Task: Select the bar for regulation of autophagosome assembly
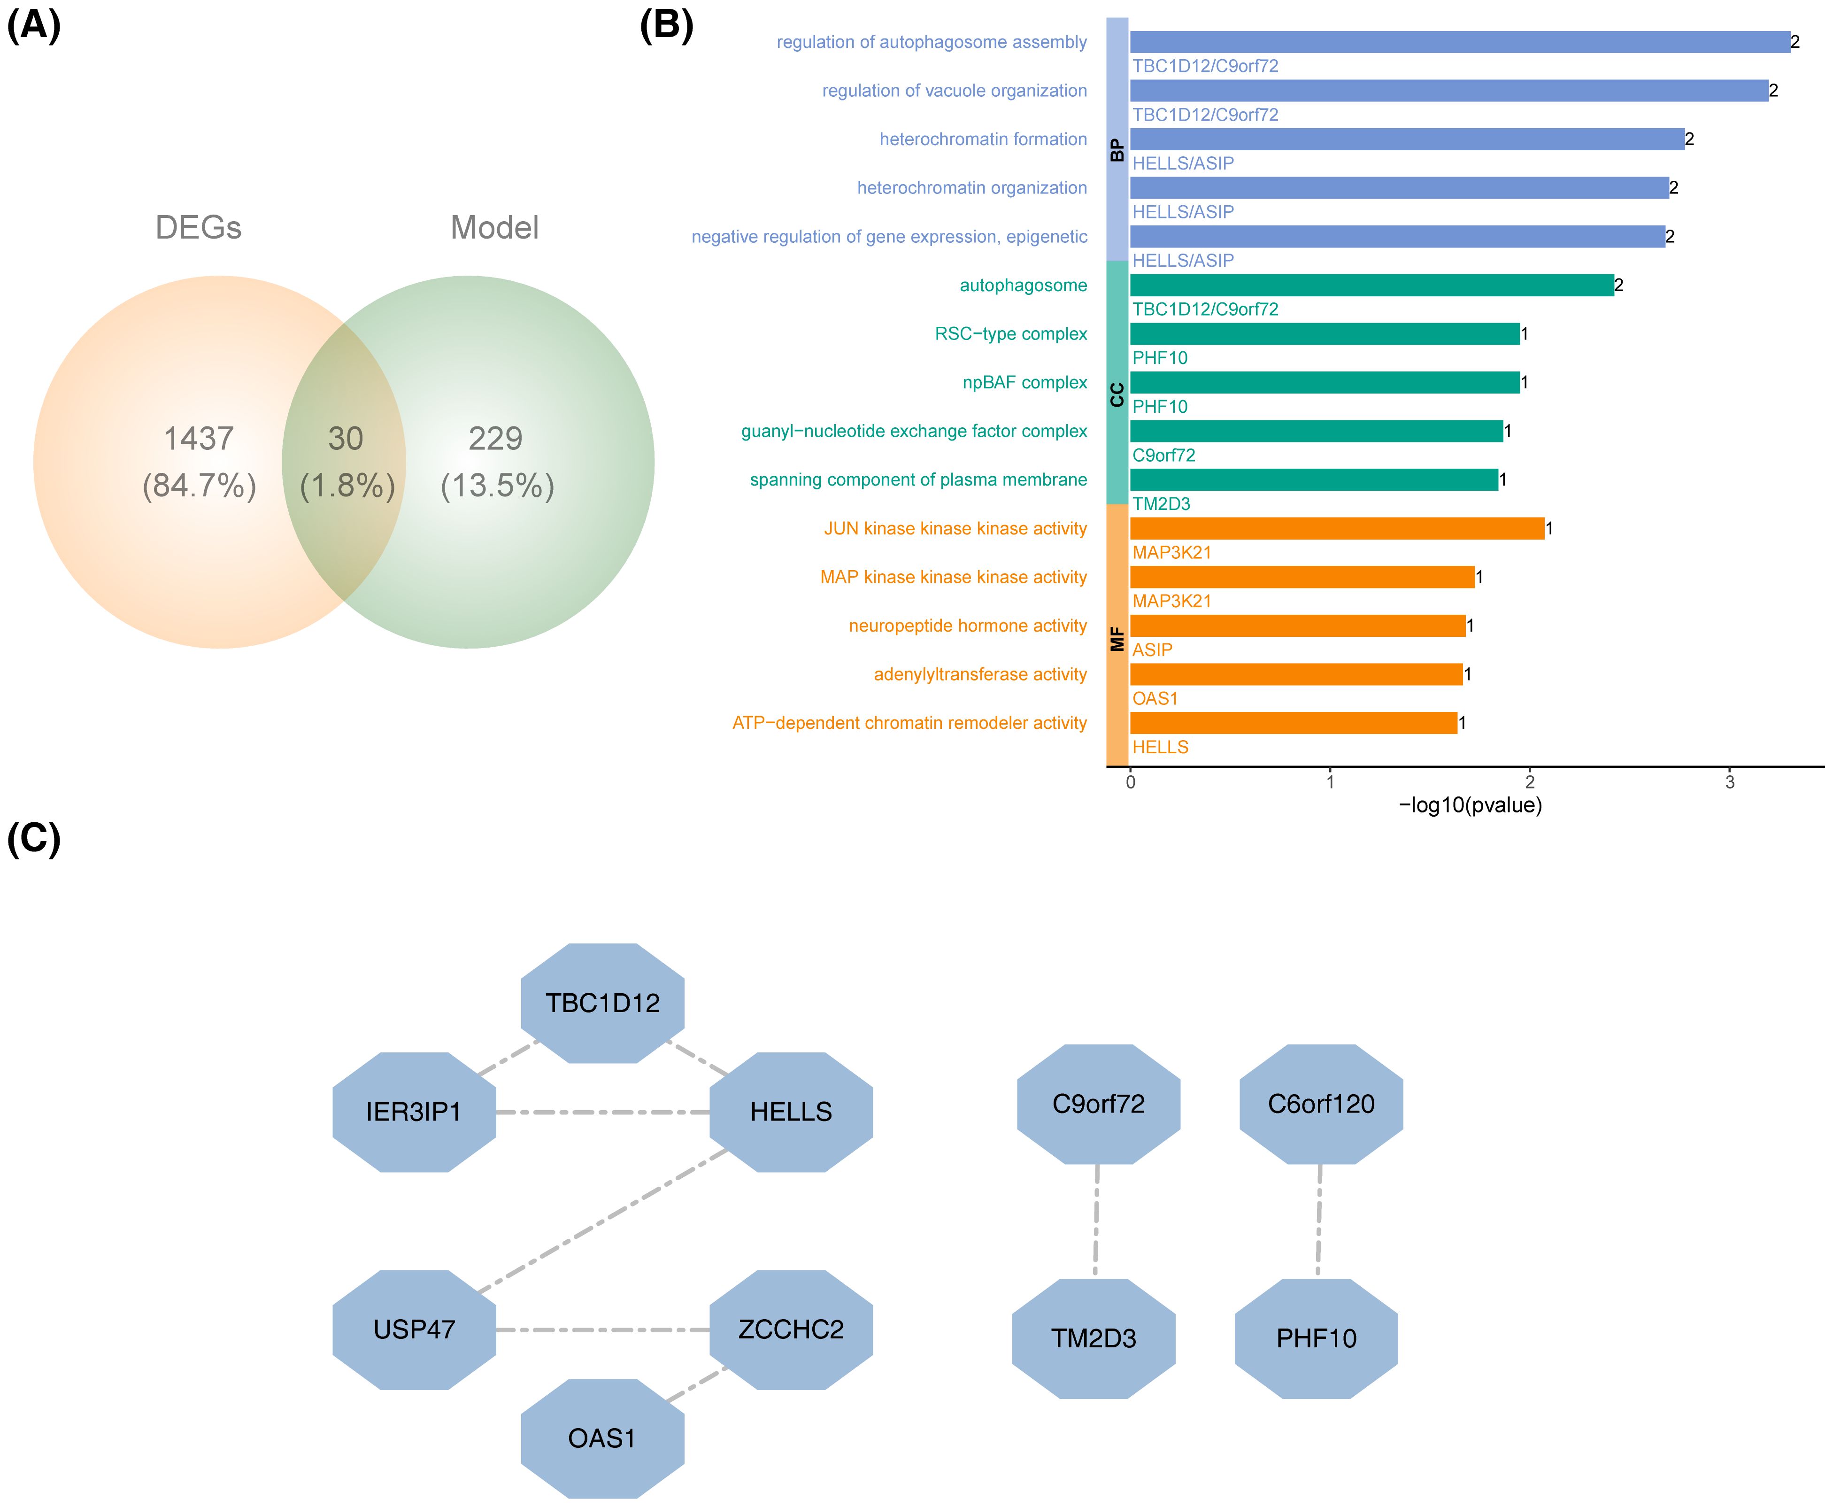[x=1458, y=42]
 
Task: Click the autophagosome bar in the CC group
[x=1371, y=285]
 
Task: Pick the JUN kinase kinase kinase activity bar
[x=1337, y=528]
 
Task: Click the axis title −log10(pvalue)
[x=1470, y=805]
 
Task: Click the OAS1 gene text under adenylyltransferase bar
[x=1155, y=699]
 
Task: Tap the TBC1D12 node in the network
[x=602, y=1004]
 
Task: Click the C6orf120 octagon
[x=1321, y=1104]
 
